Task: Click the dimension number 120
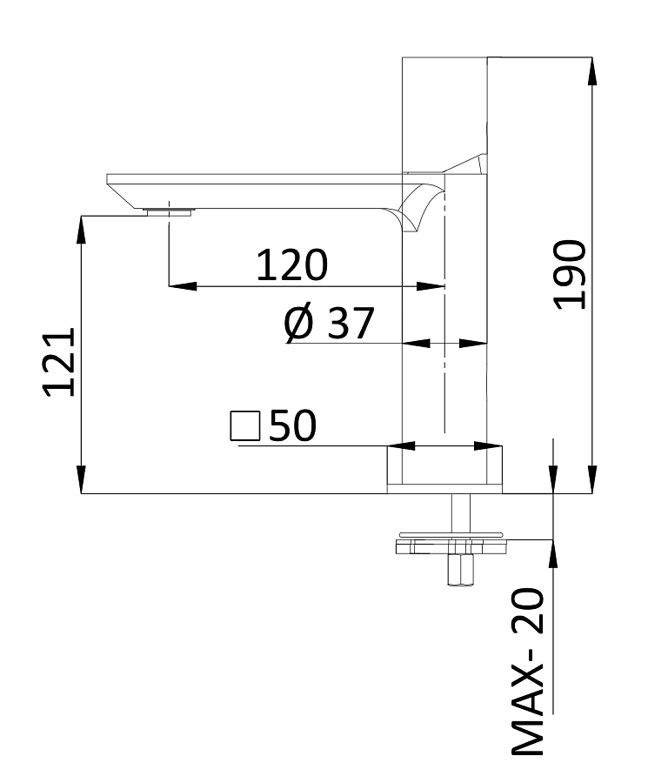(x=291, y=264)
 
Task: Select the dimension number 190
(x=571, y=274)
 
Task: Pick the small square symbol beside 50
(x=244, y=426)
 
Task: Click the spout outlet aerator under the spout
(x=168, y=211)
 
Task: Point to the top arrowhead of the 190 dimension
(x=592, y=70)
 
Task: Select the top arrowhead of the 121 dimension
(x=81, y=228)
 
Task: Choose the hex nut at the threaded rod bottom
(x=459, y=571)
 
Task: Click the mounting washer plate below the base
(x=451, y=546)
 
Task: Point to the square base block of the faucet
(x=444, y=470)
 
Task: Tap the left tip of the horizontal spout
(x=110, y=180)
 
